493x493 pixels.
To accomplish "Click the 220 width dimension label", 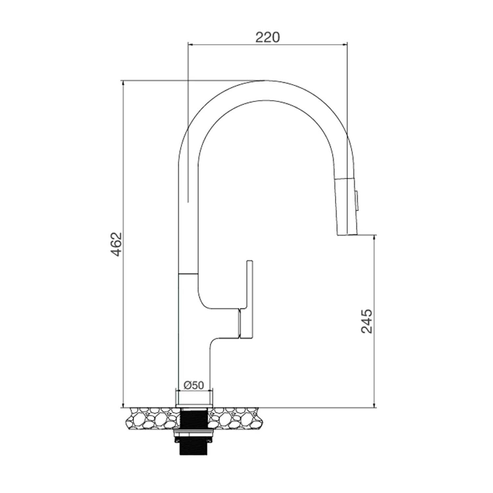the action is click(268, 37).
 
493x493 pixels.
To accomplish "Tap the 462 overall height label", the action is click(116, 244).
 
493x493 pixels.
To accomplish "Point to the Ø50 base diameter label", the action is click(194, 385).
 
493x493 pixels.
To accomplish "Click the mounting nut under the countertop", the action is click(194, 433).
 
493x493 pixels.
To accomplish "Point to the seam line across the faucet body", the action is click(188, 273).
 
